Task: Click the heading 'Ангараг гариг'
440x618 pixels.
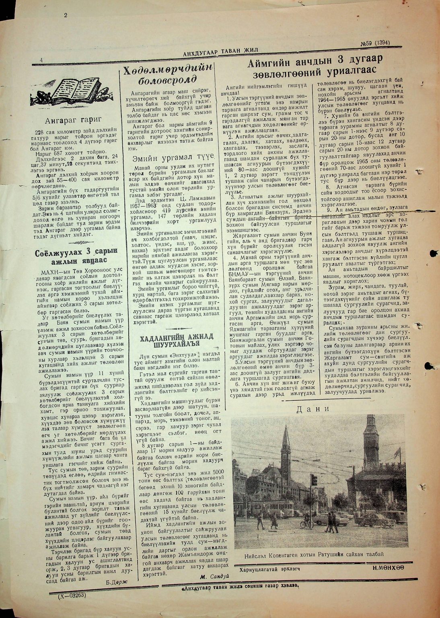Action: (74, 119)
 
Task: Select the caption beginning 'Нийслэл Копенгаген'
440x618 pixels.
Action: (314, 555)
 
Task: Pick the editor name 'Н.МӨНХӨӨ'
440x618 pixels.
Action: (388, 568)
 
